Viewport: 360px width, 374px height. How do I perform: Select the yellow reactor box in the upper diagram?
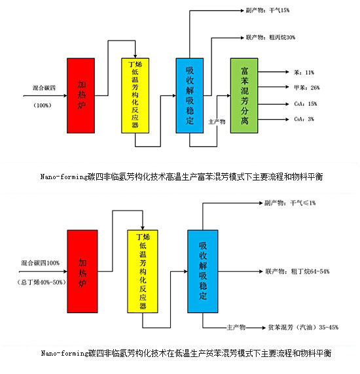[x=137, y=95]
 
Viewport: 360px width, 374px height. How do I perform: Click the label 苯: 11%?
[x=302, y=72]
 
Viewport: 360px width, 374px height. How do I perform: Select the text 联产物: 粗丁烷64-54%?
[x=297, y=270]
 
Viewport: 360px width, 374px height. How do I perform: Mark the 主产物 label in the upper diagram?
[x=217, y=122]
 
